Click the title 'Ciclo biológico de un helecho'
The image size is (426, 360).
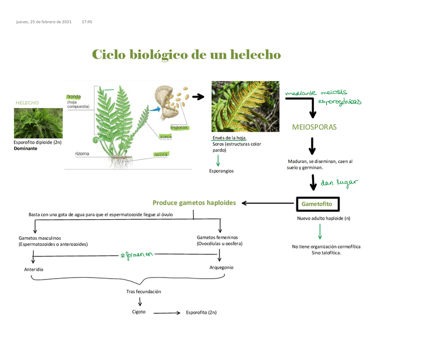(x=186, y=54)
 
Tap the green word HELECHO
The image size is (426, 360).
(x=27, y=103)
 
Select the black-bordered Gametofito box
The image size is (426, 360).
(x=317, y=204)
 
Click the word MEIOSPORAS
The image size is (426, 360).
(x=314, y=127)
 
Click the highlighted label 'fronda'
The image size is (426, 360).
(x=74, y=97)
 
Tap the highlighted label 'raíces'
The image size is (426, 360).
(x=161, y=154)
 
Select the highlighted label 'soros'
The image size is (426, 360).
(x=166, y=136)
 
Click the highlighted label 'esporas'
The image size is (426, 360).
(x=179, y=127)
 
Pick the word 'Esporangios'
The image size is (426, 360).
(x=222, y=171)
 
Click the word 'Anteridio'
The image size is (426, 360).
(x=34, y=269)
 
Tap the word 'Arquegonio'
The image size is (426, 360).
(x=221, y=267)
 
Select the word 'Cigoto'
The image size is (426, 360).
(x=139, y=312)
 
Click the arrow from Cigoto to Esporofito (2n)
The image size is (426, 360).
(x=166, y=313)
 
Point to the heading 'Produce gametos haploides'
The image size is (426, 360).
(x=194, y=203)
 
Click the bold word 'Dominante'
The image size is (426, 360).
(x=26, y=149)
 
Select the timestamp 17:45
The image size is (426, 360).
(x=86, y=22)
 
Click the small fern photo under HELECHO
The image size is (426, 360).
(x=38, y=123)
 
